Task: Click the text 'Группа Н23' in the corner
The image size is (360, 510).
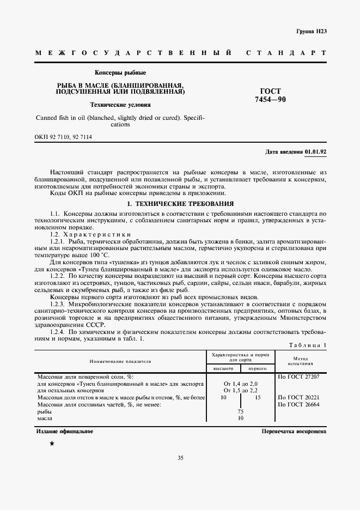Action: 311,32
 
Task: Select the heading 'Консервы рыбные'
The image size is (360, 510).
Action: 120,72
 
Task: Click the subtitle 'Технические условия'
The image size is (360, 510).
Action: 120,104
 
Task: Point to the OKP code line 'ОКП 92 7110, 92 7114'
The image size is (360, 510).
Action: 63,138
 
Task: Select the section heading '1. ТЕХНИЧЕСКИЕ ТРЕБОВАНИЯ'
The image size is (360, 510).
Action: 180,203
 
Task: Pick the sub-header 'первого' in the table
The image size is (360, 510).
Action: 258,369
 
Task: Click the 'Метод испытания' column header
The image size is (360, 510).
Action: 302,361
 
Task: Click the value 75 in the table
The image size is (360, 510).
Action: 241,412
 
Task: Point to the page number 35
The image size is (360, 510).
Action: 180,458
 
